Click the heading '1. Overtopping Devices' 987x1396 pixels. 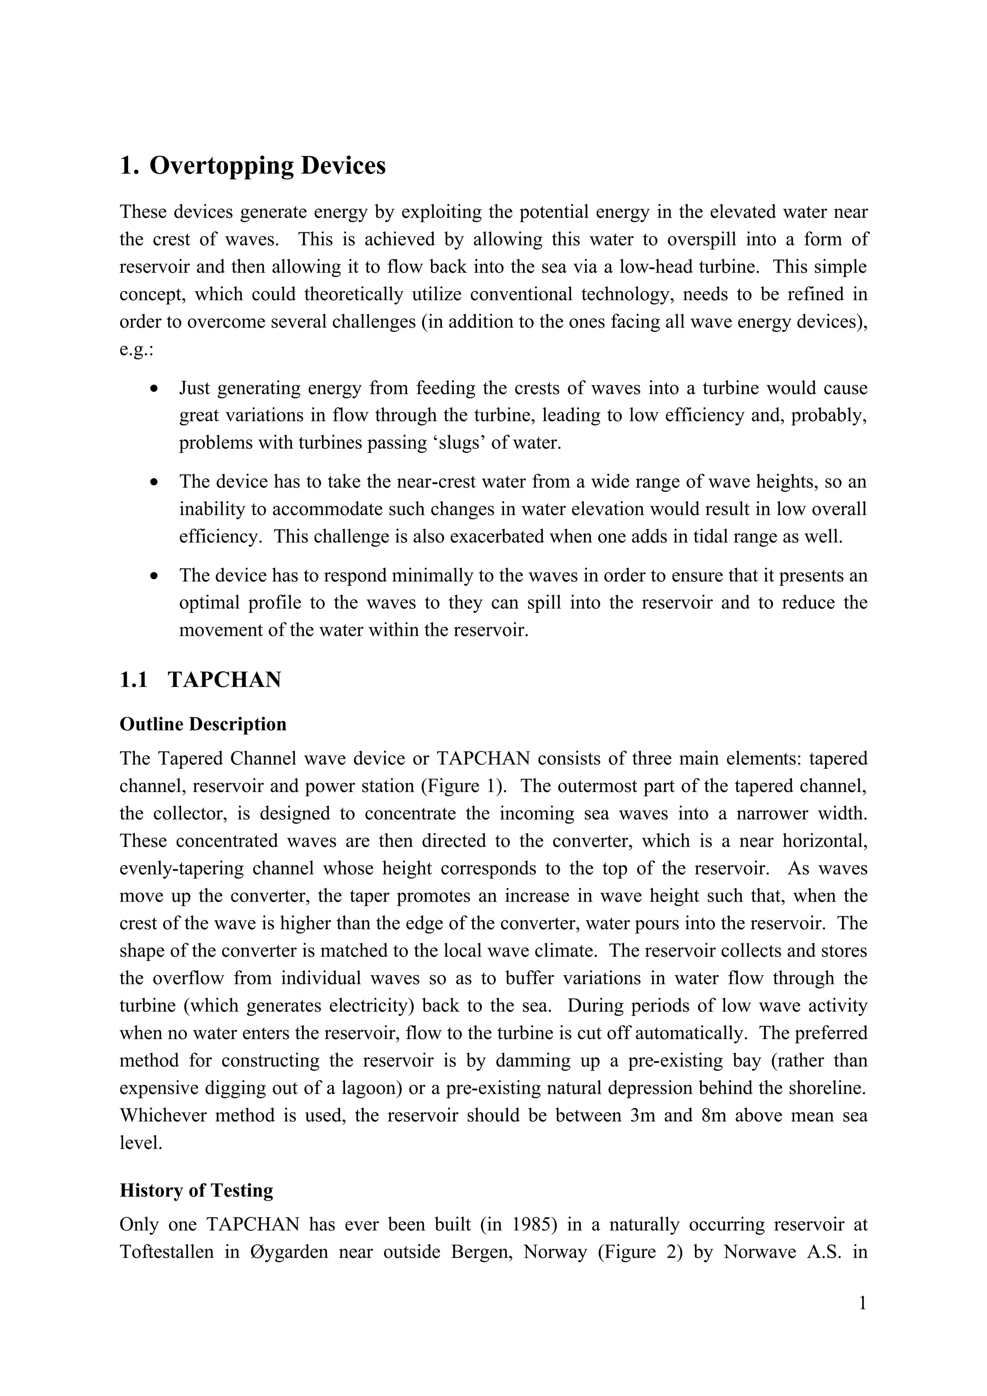tap(253, 165)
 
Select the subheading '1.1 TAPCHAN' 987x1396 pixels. tap(200, 679)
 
